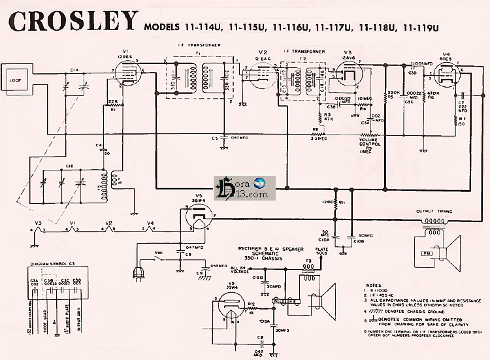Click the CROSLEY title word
pyautogui.click(x=73, y=21)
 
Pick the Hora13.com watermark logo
pyautogui.click(x=257, y=188)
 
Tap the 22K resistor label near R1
pyautogui.click(x=113, y=101)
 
